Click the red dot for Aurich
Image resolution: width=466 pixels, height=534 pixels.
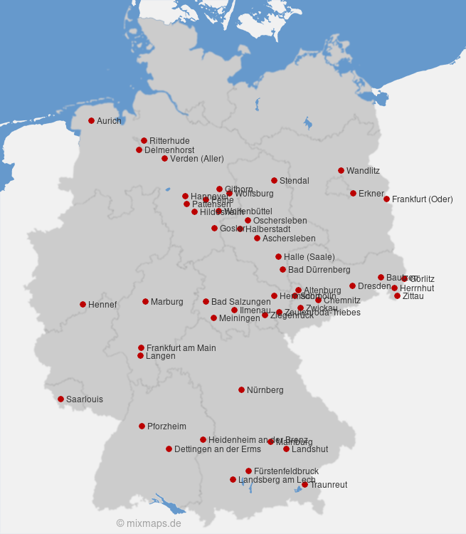91,120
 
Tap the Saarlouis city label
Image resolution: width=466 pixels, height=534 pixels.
84,399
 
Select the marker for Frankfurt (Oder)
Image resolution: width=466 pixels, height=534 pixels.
386,199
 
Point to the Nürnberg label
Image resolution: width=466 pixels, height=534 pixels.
265,390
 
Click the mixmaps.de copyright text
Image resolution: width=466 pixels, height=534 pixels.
149,523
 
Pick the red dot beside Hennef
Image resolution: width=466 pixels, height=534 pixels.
83,304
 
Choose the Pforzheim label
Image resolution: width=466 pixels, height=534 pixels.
166,426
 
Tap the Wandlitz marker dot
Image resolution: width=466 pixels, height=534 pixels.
341,170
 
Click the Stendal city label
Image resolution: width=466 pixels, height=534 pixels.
294,181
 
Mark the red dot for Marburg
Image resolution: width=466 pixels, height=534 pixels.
145,301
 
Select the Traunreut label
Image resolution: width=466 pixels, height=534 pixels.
329,485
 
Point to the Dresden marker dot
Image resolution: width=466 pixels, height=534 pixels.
352,286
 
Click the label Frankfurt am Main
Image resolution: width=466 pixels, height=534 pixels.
181,348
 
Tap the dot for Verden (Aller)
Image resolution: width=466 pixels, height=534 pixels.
164,158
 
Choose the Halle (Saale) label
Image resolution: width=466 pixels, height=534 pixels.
309,257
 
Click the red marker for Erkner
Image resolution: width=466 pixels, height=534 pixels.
353,193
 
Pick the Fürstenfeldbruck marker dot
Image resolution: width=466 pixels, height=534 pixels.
248,471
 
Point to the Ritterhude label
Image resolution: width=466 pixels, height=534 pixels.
169,141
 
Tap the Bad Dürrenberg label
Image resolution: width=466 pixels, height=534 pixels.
319,270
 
